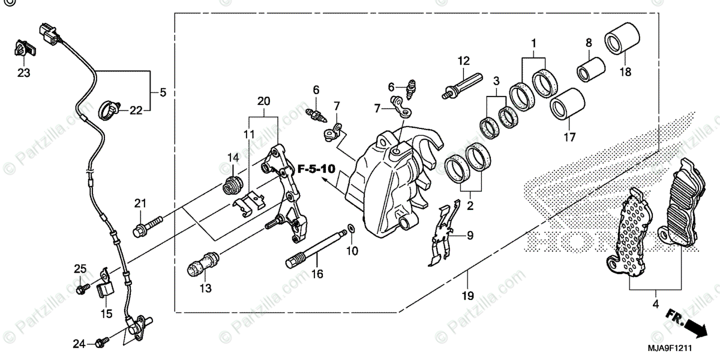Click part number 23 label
coord(23,73)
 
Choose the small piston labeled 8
coord(590,68)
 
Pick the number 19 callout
coord(467,296)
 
